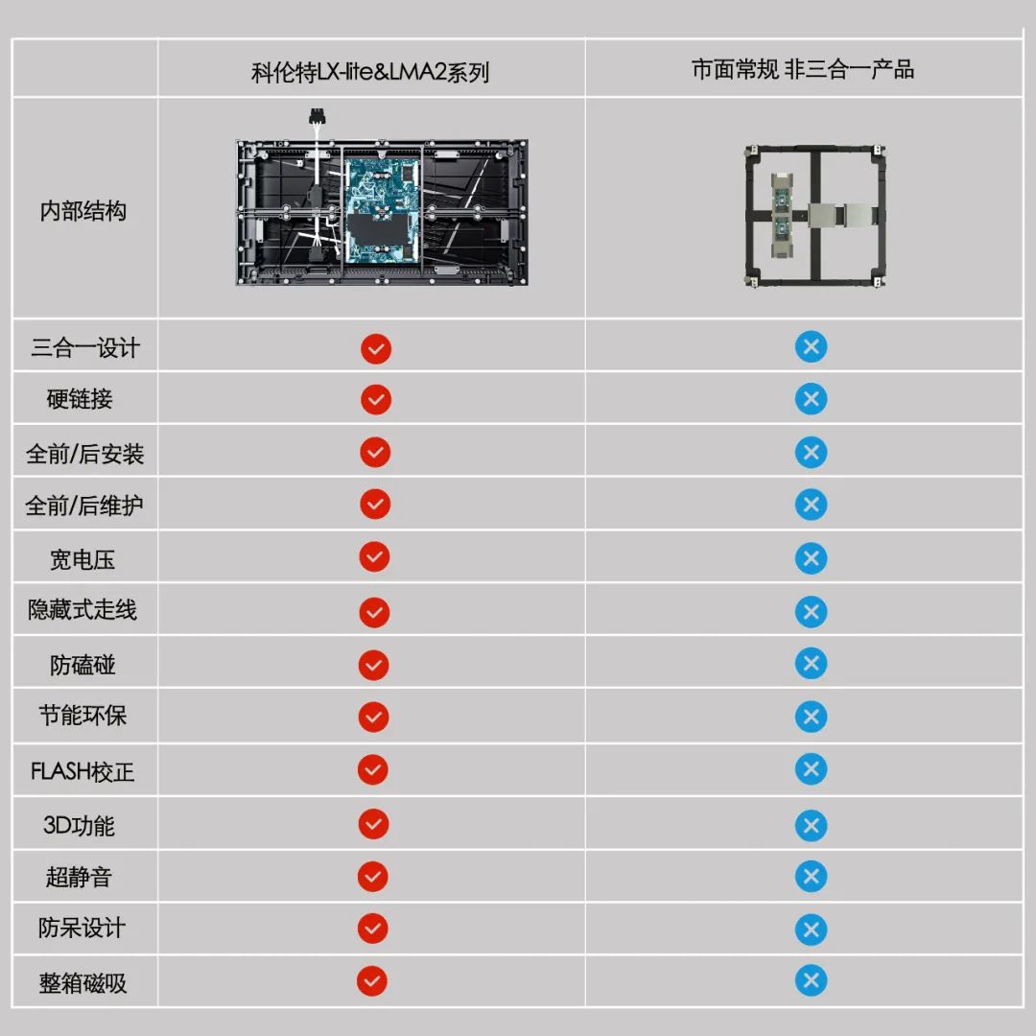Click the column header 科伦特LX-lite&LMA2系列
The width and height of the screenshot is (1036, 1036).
370,72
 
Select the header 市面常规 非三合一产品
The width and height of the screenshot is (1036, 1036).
803,69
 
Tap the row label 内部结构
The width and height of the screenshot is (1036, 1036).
83,211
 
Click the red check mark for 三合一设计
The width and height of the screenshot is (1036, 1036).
376,349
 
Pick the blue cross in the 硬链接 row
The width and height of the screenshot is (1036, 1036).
811,399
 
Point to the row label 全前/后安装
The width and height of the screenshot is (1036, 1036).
84,454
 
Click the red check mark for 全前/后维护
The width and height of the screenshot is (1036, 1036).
375,505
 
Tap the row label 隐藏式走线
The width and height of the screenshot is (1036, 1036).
82,609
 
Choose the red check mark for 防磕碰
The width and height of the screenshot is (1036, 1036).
374,666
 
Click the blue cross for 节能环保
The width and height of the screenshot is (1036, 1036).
811,717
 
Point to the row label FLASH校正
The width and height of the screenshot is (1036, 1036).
82,771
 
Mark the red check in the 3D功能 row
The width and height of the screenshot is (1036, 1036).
373,824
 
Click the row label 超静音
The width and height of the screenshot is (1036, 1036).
79,877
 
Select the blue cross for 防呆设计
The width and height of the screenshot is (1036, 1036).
811,930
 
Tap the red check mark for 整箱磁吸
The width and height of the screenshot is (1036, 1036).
372,981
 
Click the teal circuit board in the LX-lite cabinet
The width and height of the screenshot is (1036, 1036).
382,209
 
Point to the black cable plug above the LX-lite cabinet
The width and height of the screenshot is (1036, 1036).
318,117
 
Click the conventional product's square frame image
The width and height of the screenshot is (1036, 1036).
815,216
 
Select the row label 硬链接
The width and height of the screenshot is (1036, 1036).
80,399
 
